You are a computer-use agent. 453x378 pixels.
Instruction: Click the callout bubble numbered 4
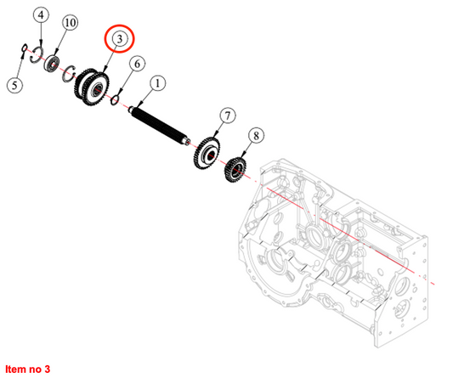click(x=41, y=14)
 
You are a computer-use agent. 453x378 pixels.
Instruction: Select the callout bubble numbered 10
click(x=71, y=22)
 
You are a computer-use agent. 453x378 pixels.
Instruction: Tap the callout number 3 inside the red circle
click(x=119, y=39)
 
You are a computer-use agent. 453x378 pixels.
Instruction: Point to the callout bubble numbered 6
click(x=137, y=64)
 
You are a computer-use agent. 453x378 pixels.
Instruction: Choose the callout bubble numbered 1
click(x=157, y=84)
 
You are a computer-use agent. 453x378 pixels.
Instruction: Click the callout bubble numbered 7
click(x=228, y=116)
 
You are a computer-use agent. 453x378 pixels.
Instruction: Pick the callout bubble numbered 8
click(x=256, y=135)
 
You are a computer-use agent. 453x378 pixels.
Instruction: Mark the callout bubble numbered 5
click(x=14, y=85)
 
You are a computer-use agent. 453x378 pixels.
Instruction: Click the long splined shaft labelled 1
click(x=159, y=127)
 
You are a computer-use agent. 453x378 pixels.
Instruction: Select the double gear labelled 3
click(x=92, y=87)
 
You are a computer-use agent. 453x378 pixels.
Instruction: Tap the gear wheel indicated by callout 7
click(x=207, y=154)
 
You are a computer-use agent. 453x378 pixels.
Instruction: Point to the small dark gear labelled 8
click(x=235, y=170)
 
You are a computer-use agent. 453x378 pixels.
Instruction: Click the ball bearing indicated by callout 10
click(x=52, y=63)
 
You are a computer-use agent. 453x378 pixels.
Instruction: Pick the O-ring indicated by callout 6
click(x=115, y=100)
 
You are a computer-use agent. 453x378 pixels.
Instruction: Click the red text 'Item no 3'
click(x=28, y=369)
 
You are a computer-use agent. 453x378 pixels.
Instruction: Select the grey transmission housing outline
click(x=332, y=252)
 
